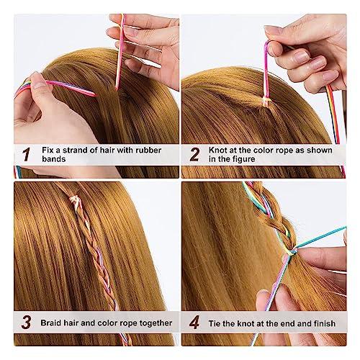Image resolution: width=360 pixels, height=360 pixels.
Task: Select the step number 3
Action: (x=26, y=323)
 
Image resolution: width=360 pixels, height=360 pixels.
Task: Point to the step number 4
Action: (x=194, y=323)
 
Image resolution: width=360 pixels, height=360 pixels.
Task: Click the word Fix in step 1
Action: (x=48, y=150)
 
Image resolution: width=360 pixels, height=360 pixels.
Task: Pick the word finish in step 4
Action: (x=323, y=323)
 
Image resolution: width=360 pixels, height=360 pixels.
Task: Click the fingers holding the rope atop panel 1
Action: (x=144, y=36)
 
